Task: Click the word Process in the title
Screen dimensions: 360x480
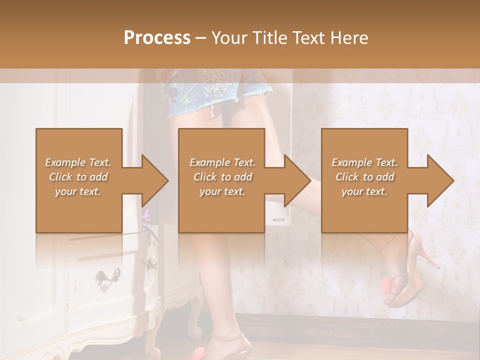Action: click(157, 38)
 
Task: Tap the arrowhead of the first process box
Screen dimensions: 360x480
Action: click(155, 180)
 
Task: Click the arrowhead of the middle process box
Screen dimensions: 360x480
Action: click(297, 180)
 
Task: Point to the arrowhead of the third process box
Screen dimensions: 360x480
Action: click(440, 180)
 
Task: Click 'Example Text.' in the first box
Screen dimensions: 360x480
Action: click(78, 162)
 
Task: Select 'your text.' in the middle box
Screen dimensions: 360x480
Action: click(222, 191)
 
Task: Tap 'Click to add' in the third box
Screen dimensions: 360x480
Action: click(364, 177)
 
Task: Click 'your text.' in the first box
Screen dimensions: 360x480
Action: click(78, 191)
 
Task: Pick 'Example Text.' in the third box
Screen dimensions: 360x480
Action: click(364, 162)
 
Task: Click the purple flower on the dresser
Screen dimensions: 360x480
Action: click(146, 216)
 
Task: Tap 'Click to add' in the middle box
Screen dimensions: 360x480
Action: click(222, 177)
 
